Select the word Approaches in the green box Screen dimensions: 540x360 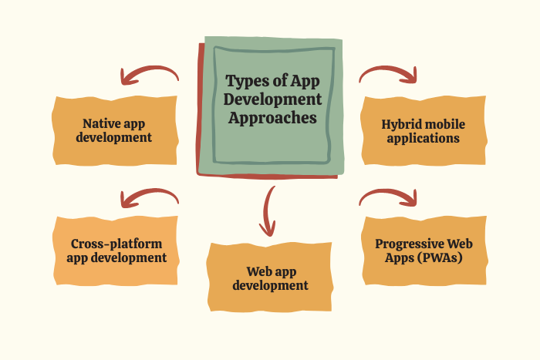click(x=272, y=118)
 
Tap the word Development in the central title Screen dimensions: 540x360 click(x=272, y=99)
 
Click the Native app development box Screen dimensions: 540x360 click(x=115, y=131)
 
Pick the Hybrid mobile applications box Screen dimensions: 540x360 click(x=424, y=131)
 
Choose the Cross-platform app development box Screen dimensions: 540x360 click(x=116, y=251)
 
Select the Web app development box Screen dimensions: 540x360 click(x=270, y=278)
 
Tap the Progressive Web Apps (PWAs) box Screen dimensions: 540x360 click(x=424, y=251)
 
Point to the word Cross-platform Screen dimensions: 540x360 click(x=116, y=244)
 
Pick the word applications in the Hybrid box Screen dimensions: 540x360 click(x=424, y=139)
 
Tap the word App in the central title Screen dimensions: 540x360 click(x=305, y=82)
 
